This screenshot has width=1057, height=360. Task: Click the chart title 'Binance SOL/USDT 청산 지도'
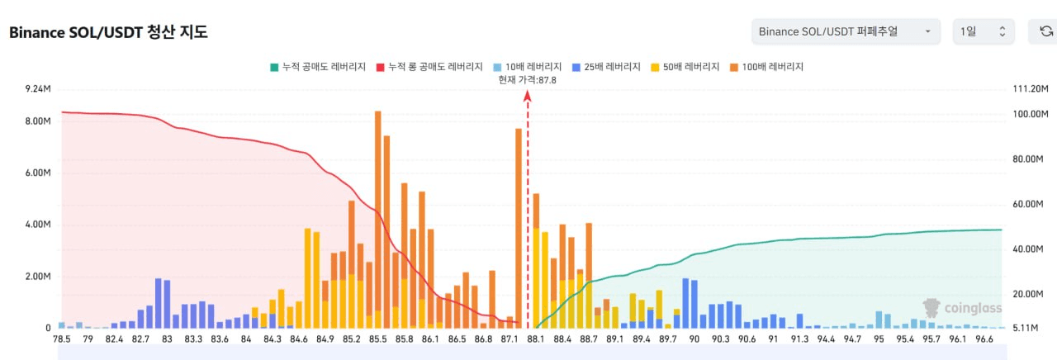point(108,32)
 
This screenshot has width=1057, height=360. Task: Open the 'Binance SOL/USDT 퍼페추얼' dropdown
point(846,31)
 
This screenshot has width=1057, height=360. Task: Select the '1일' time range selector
point(983,31)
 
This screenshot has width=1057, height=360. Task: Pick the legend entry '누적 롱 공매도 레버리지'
point(429,66)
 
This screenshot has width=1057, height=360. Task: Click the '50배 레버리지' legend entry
point(685,66)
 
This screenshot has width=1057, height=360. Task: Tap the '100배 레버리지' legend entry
point(767,66)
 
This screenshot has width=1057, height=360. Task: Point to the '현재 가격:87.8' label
point(528,79)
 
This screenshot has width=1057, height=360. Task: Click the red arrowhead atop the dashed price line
point(528,96)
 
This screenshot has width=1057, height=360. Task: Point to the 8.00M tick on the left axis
point(38,121)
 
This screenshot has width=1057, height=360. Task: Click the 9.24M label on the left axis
point(38,88)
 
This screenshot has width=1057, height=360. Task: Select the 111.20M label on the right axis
point(1029,88)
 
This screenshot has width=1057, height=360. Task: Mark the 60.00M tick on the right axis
point(1029,205)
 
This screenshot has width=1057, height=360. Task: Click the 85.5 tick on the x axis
point(378,339)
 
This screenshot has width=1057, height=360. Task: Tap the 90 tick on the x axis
point(694,339)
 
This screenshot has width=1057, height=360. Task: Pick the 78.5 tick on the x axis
point(62,339)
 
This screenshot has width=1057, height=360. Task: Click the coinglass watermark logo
point(962,308)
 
